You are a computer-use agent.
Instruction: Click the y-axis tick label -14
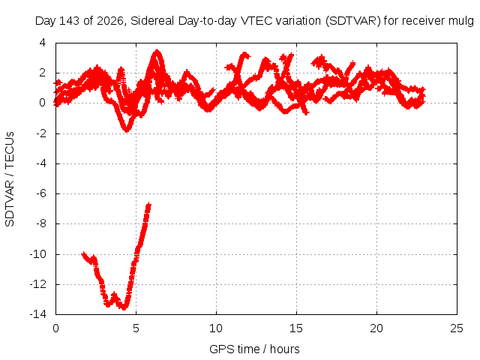pyautogui.click(x=38, y=314)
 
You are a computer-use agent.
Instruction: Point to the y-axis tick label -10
pyautogui.click(x=38, y=254)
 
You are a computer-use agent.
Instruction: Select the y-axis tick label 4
pyautogui.click(x=43, y=43)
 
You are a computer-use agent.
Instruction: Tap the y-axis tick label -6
pyautogui.click(x=41, y=193)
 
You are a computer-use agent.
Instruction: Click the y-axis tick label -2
pyautogui.click(x=41, y=133)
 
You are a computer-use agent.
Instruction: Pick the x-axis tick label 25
pyautogui.click(x=457, y=328)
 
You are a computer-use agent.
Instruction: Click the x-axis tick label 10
pyautogui.click(x=216, y=328)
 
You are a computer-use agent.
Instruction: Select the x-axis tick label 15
pyautogui.click(x=296, y=328)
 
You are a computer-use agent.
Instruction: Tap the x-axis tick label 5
pyautogui.click(x=136, y=328)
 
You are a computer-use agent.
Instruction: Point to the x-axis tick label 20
pyautogui.click(x=376, y=328)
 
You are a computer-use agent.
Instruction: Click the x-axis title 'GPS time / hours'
pyautogui.click(x=254, y=349)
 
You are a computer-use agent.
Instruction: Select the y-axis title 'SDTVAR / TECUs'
pyautogui.click(x=10, y=179)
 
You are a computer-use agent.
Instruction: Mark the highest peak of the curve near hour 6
pyautogui.click(x=157, y=50)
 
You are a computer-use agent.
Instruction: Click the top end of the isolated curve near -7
pyautogui.click(x=148, y=204)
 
